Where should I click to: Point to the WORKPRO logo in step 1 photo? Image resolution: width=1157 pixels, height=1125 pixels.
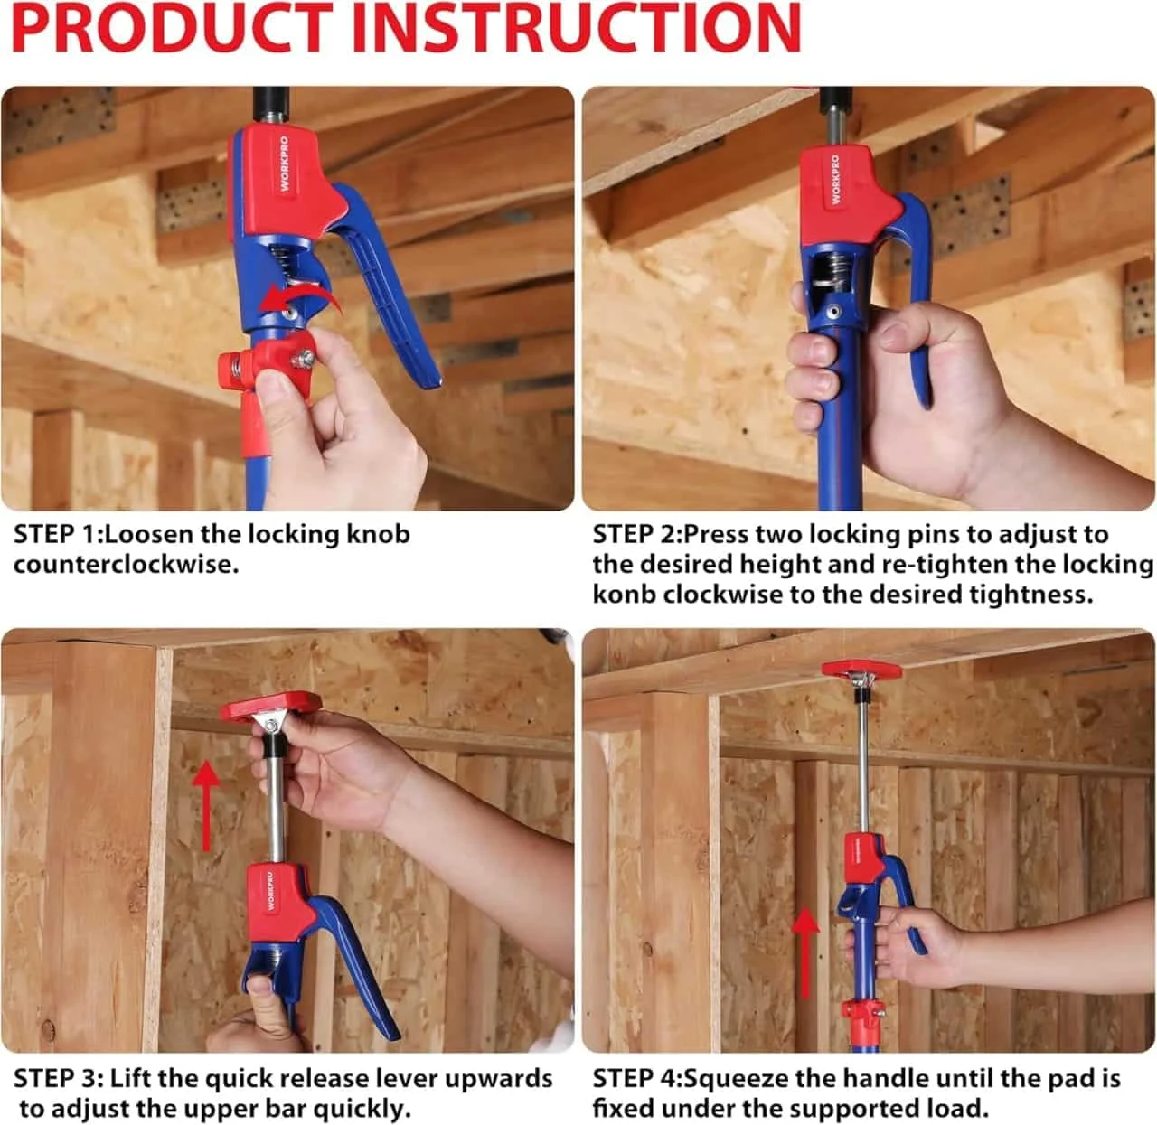point(284,164)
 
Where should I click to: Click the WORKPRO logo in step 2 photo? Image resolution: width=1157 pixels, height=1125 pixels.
point(835,180)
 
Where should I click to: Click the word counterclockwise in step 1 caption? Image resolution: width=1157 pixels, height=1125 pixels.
point(126,565)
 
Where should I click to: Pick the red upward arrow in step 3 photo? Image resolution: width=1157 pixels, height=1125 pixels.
point(206,806)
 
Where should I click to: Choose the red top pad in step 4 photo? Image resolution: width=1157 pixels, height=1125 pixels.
point(861,670)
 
